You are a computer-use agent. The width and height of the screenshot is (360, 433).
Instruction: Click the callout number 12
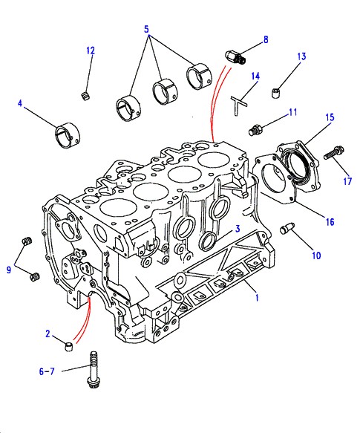[x=91, y=51]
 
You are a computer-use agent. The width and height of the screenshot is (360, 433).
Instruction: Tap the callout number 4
[x=20, y=103]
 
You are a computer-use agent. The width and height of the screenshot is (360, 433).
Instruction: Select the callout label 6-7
[x=47, y=371]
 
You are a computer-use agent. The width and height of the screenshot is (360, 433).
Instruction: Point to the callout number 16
[x=330, y=222]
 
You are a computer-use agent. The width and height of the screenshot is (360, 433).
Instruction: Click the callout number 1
[x=257, y=298]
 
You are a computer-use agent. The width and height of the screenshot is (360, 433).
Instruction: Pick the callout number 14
[x=255, y=76]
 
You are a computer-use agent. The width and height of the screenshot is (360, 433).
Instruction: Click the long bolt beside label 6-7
[x=93, y=369]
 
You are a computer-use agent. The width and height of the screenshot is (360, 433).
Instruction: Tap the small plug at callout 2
[x=69, y=347]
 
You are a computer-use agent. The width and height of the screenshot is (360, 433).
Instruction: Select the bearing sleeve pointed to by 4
[x=68, y=135]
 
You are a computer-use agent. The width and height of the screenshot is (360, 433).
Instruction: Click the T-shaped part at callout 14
[x=238, y=105]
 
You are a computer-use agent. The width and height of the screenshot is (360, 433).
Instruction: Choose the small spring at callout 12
[x=86, y=96]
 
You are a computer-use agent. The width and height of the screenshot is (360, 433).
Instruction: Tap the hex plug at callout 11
[x=255, y=130]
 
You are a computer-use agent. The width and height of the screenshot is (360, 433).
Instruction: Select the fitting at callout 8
[x=235, y=57]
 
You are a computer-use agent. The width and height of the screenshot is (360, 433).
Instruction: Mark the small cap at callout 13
[x=276, y=93]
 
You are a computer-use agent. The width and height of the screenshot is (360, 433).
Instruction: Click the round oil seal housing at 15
[x=299, y=167]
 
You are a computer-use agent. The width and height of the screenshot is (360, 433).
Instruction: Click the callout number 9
[x=9, y=270]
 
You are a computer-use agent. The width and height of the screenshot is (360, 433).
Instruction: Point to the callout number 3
[x=238, y=229]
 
